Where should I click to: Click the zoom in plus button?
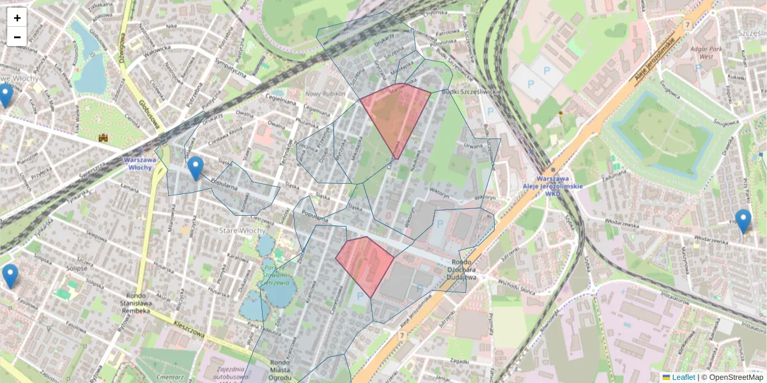17,18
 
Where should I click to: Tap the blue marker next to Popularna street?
196,168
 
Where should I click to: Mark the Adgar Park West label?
706,52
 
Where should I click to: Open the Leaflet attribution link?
683,377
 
